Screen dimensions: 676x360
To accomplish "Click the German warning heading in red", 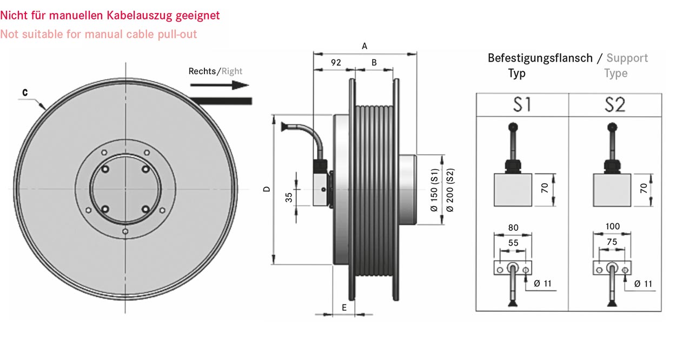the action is [x=110, y=16].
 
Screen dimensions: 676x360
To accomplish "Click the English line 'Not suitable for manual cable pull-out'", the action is [x=98, y=35].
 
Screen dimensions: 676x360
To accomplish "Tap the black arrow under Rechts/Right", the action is [x=220, y=85].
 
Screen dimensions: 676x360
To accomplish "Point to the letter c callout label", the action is [x=25, y=92].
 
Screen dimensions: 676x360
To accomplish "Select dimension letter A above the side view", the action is [x=364, y=46].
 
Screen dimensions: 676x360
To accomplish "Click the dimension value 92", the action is [x=336, y=63].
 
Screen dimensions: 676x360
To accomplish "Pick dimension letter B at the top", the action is [x=374, y=63].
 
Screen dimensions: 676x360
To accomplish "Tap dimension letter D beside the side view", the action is [x=267, y=189].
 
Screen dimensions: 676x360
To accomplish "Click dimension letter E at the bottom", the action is [x=344, y=308].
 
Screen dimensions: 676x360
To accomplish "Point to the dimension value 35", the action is [x=289, y=197].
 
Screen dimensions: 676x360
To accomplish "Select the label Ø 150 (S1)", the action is [x=434, y=190].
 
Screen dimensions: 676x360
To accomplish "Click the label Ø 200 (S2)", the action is [x=449, y=190].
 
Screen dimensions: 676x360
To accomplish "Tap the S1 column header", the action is [x=522, y=105].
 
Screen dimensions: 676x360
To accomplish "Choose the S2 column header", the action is [x=615, y=105].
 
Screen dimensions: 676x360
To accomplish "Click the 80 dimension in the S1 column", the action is [x=513, y=228].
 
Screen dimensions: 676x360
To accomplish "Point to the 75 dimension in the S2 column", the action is [x=612, y=242].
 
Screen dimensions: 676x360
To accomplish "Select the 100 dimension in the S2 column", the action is [x=613, y=226].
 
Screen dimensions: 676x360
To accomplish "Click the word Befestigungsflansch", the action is [x=540, y=58].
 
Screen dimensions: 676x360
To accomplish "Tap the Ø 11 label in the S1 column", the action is [x=542, y=284].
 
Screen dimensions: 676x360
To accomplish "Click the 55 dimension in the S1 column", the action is [x=513, y=243].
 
